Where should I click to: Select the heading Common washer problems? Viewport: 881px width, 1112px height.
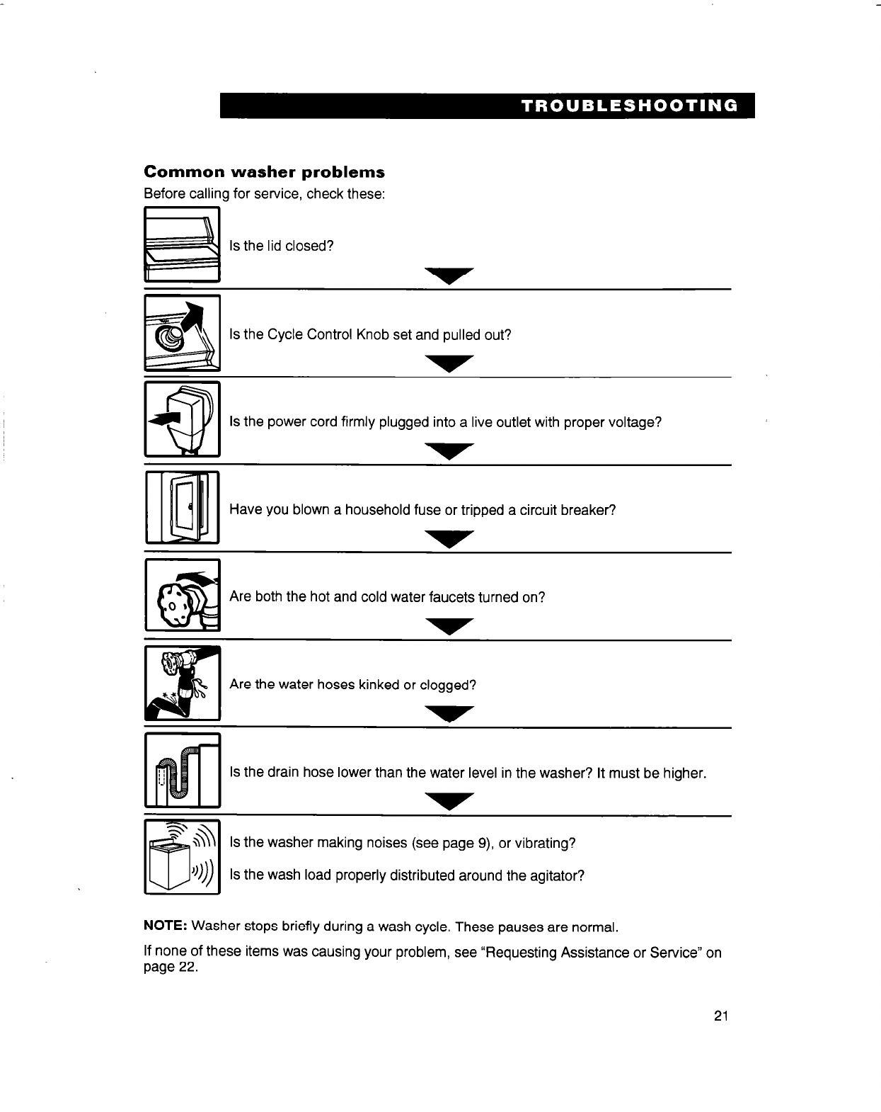(264, 172)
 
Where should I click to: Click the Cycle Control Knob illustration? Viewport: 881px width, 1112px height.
(182, 333)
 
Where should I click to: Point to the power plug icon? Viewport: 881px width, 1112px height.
(182, 420)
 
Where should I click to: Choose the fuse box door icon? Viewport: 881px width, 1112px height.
(182, 507)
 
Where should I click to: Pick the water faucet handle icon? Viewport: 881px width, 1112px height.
(182, 595)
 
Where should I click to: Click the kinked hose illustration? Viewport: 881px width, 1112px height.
(182, 683)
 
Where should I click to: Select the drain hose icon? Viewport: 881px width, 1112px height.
(182, 771)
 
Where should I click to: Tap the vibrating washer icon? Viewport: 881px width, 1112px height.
(182, 857)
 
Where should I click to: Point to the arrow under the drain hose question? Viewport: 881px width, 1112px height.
(448, 802)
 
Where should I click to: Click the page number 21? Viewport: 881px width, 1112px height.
(721, 1017)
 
